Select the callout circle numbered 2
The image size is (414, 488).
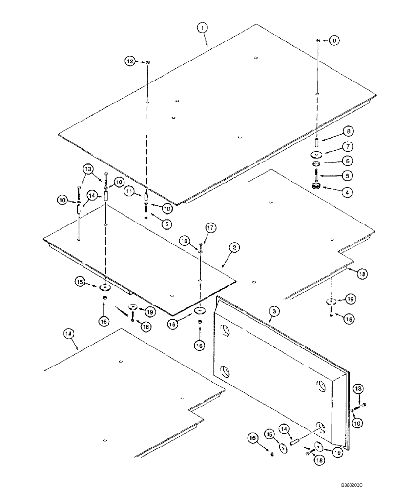point(234,248)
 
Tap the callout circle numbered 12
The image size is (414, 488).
point(129,62)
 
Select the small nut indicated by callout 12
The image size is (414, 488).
point(147,62)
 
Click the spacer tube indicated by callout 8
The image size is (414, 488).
point(316,143)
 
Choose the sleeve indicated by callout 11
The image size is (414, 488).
point(146,198)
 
